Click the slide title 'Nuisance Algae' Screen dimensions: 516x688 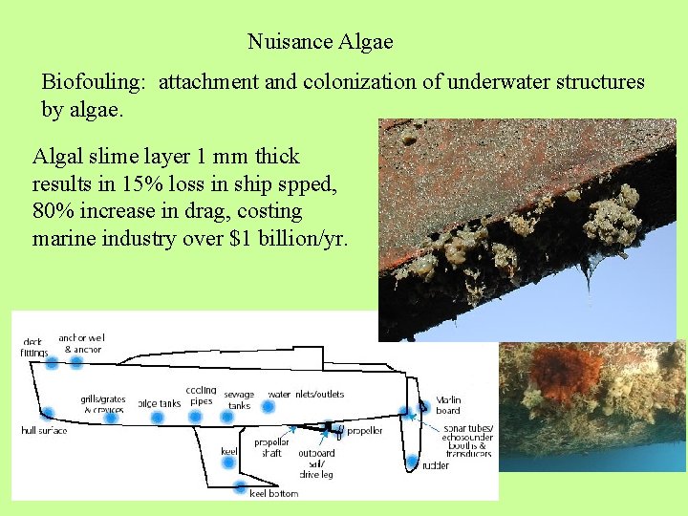320,42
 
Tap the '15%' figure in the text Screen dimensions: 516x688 135,183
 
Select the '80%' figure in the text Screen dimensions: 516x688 54,211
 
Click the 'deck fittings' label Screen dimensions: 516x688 34,347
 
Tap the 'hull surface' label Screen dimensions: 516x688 44,431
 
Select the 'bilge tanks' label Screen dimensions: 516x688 159,403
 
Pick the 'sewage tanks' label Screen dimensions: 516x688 239,399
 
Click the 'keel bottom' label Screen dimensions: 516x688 273,494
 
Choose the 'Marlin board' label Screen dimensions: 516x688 448,405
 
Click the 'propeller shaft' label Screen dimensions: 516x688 272,447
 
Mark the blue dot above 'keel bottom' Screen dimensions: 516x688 240,485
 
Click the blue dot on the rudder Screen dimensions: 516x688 413,462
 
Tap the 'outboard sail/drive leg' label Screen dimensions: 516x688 316,464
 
